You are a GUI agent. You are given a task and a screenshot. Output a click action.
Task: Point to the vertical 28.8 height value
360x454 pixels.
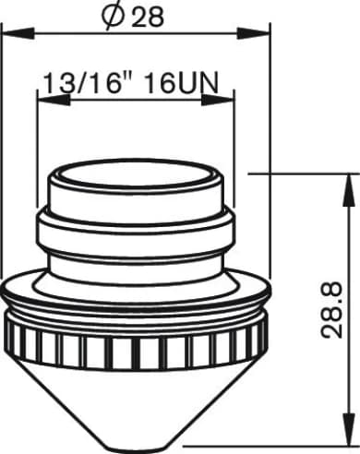pyautogui.click(x=336, y=309)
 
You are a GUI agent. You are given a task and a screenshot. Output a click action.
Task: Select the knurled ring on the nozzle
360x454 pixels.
pyautogui.click(x=135, y=346)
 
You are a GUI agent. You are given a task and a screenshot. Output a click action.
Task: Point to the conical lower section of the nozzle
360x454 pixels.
pyautogui.click(x=135, y=397)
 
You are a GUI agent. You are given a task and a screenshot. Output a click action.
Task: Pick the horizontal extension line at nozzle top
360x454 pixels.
pyautogui.click(x=295, y=172)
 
